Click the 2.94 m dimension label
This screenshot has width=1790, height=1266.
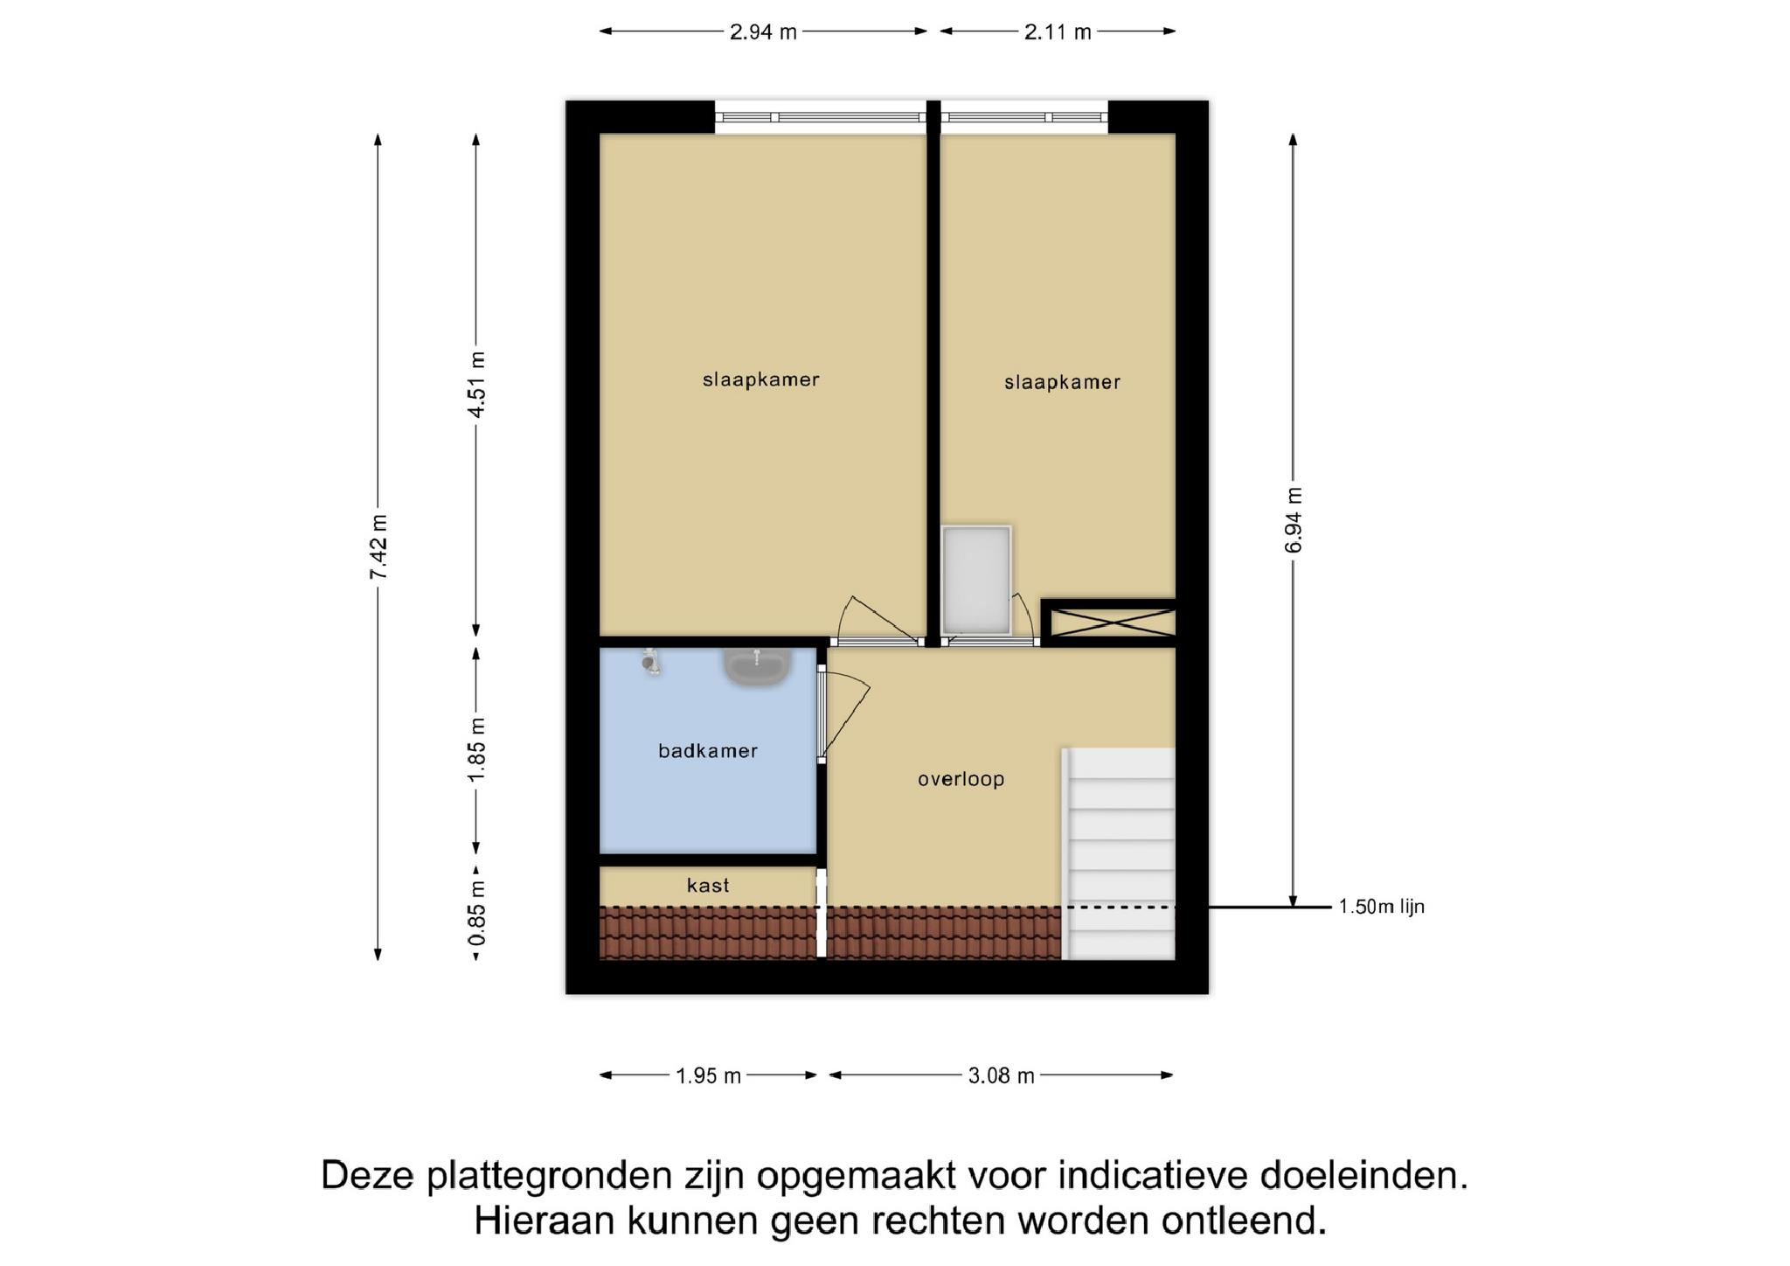763,32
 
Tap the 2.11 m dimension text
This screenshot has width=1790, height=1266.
1058,32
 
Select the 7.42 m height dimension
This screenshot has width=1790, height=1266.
378,546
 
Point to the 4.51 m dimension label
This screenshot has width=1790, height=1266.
476,384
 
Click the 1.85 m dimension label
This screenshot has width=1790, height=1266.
476,750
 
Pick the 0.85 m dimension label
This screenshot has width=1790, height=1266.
476,913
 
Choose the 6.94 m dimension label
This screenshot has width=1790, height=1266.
1294,520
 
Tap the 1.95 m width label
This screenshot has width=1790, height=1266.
708,1075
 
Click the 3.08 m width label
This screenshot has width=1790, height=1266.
1001,1075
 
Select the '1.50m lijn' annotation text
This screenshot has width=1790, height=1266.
1382,907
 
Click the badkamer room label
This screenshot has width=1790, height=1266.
708,751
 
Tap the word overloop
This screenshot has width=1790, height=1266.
961,779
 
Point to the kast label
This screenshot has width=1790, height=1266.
708,886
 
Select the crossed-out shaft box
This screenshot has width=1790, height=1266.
1108,623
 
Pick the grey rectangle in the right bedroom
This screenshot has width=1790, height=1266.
976,581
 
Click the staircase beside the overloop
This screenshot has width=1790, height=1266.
1119,853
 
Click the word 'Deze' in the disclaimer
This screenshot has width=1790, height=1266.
367,1175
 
